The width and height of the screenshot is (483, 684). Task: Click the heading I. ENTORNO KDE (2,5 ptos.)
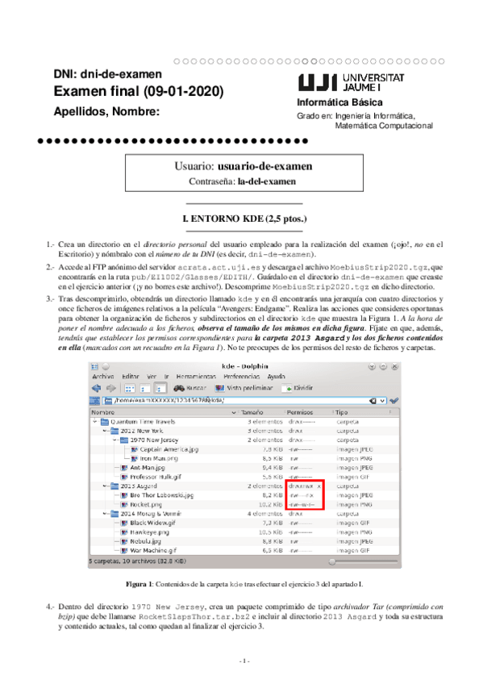[243, 219]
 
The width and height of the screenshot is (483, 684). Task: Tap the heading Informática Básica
[334, 102]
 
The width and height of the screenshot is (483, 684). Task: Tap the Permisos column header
[299, 411]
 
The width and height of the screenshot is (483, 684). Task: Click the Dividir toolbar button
[298, 388]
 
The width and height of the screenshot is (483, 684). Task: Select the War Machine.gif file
[154, 550]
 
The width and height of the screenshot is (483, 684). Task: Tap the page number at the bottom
[242, 661]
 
